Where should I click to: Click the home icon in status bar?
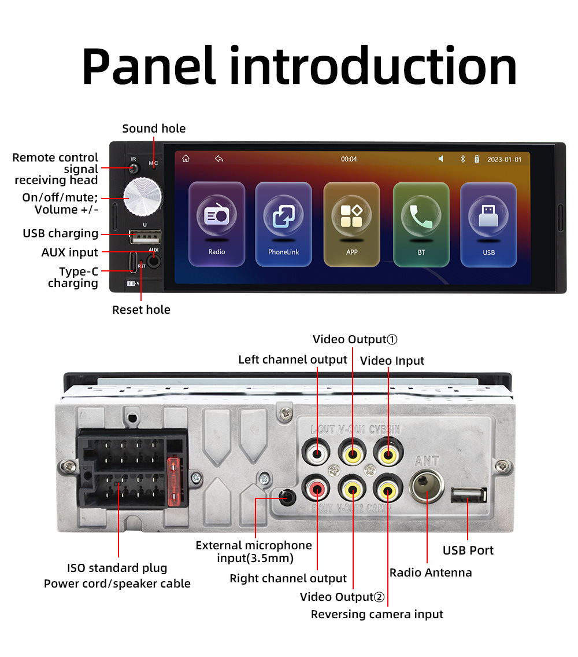[x=186, y=159]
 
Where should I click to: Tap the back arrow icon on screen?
[x=218, y=159]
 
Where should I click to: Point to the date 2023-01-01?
[x=504, y=159]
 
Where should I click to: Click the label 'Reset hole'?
[x=141, y=310]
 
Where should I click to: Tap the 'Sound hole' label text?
[x=154, y=129]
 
